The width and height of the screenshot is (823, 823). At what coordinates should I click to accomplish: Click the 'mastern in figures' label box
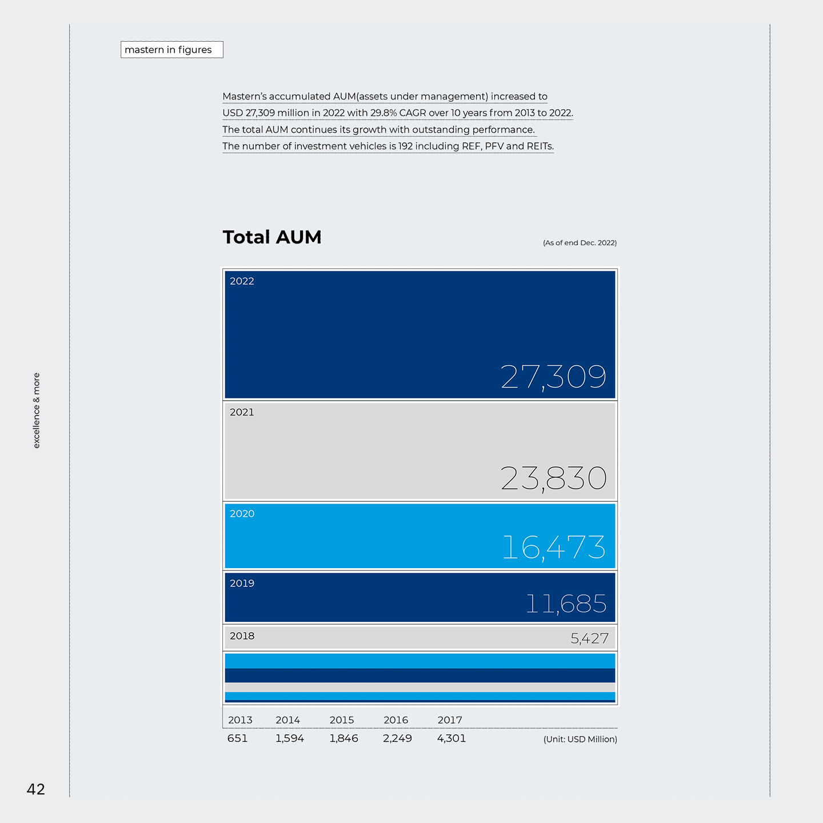(171, 50)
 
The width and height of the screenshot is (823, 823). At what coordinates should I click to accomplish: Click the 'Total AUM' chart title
(272, 237)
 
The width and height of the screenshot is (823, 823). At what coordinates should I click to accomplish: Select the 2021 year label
(242, 412)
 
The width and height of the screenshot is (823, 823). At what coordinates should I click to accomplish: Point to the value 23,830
(553, 478)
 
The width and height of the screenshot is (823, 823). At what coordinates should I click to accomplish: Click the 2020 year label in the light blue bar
(242, 513)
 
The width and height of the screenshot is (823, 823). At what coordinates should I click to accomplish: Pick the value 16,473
(554, 548)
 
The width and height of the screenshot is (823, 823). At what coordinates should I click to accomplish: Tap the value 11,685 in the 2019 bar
(566, 604)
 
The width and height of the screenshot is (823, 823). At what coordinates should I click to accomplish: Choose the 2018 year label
(242, 636)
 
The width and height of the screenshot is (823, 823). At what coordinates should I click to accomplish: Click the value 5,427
(589, 638)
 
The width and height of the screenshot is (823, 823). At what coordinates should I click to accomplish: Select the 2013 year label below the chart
(240, 720)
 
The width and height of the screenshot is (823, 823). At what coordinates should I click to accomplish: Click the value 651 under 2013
(237, 738)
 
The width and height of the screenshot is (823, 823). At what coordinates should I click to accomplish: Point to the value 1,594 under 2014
(290, 738)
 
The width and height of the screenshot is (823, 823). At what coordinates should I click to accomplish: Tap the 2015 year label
(342, 720)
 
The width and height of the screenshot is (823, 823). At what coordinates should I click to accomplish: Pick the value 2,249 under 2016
(397, 738)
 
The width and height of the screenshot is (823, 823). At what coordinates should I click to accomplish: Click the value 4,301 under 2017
(451, 738)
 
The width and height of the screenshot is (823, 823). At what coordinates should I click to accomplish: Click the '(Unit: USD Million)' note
(580, 740)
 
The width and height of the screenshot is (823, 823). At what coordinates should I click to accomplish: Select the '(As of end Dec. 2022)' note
(580, 242)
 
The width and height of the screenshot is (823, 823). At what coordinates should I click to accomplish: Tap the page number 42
(35, 789)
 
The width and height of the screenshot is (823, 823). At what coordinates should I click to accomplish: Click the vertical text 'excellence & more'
(37, 410)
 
